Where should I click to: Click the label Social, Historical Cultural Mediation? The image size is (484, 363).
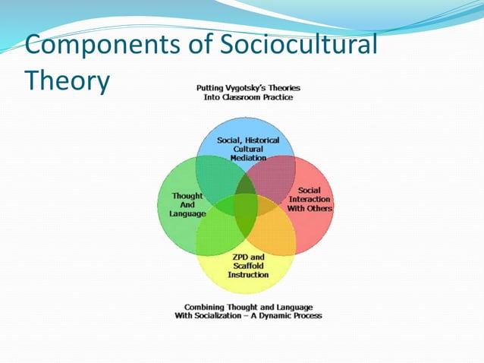pos(248,149)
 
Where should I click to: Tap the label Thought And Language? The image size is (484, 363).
pos(187,205)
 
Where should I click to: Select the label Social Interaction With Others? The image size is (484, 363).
pos(309,199)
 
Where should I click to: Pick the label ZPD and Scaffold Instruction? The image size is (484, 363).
pos(248,265)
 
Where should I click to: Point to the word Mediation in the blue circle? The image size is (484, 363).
pos(248,158)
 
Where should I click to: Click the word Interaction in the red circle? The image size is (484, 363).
pos(310,199)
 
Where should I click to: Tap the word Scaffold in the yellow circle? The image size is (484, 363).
pos(248,265)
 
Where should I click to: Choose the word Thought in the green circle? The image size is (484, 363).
pos(187,196)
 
